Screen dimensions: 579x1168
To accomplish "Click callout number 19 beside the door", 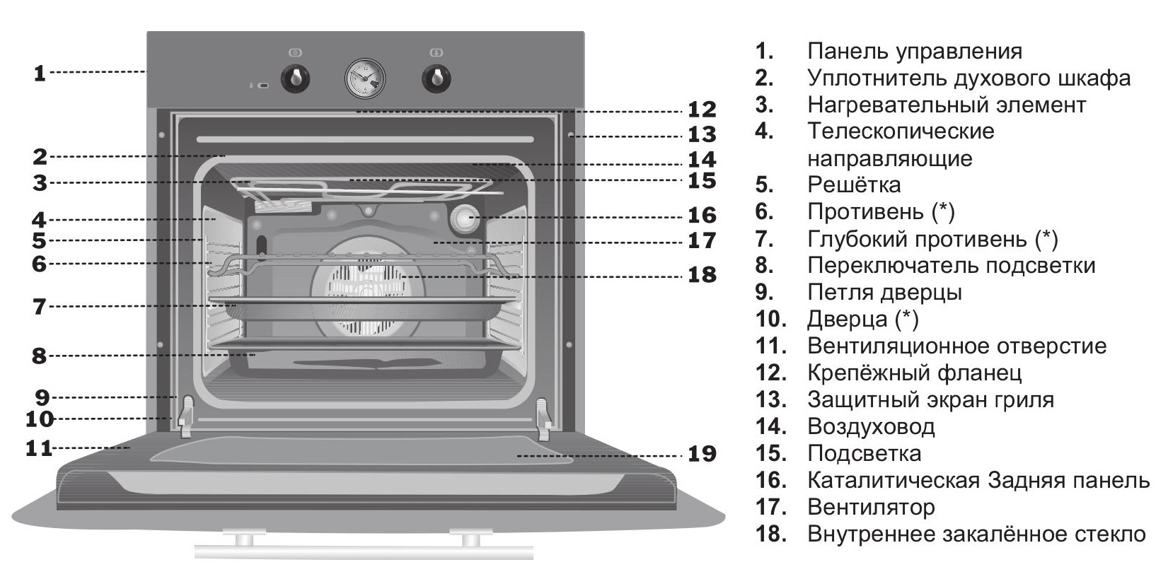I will [702, 454].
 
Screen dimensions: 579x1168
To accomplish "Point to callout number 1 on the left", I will [40, 72].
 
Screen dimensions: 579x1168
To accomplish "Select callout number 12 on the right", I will [702, 110].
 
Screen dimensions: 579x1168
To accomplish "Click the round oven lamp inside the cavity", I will [466, 219].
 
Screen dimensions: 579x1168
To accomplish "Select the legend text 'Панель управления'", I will [914, 51].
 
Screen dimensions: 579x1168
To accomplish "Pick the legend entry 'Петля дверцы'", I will [884, 292].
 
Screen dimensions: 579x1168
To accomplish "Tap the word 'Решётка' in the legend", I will [854, 185].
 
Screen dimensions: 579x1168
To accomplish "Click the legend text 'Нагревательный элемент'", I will [946, 105].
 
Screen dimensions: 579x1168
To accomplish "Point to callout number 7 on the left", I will [39, 307].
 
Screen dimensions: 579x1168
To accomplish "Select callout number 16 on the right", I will [702, 215].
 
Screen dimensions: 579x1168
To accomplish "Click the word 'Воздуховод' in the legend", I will [870, 426].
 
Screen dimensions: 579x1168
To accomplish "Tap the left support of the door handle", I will [245, 539].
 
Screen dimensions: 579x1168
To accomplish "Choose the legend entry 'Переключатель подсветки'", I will [951, 265].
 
